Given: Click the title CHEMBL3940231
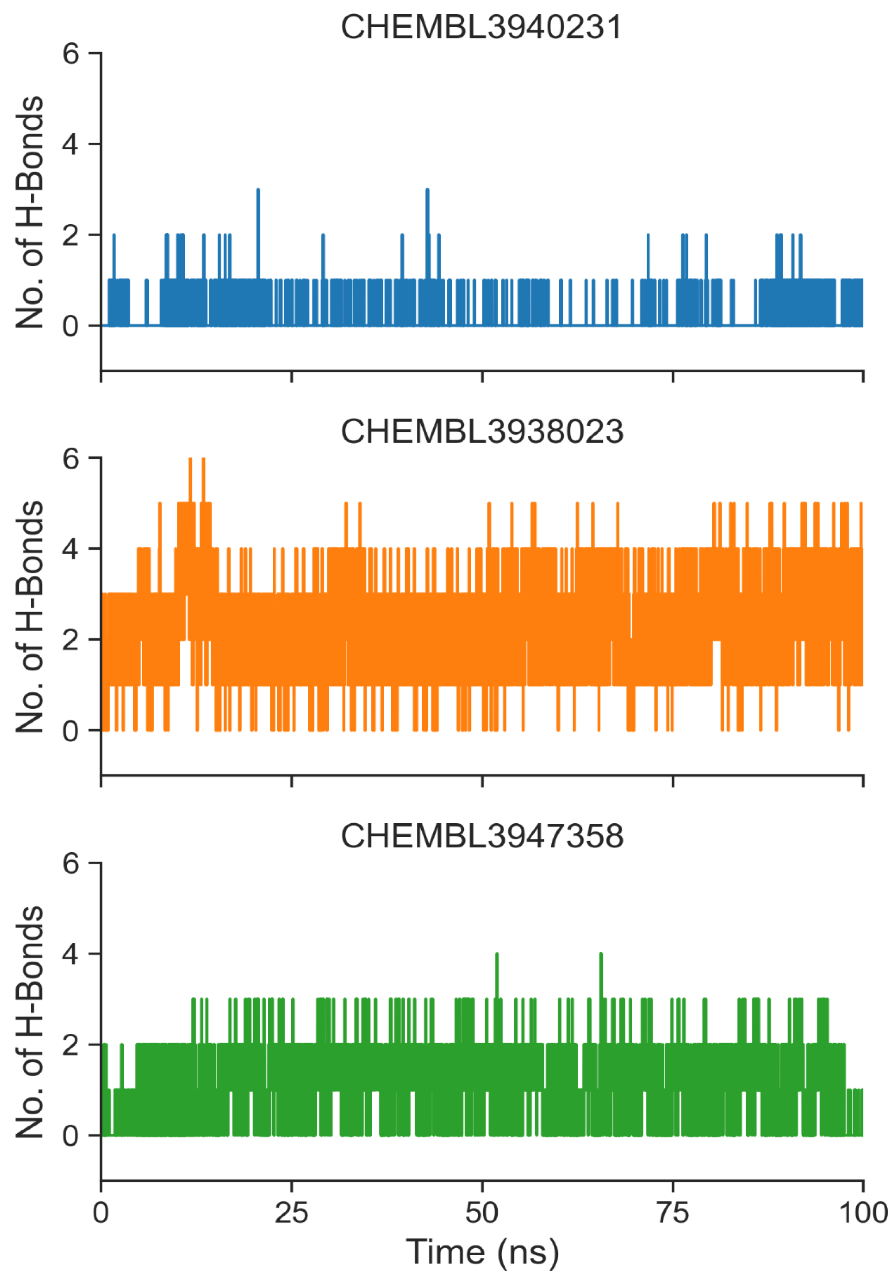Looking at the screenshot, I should (481, 27).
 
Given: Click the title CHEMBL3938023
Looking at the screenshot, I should (481, 432).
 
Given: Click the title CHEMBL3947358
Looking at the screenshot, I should (481, 836).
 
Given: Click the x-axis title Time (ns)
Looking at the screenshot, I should (481, 1252).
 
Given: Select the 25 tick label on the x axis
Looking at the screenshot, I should (291, 1212).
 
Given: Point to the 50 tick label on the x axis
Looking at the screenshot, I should (481, 1212).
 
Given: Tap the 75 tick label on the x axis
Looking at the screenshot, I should (672, 1212).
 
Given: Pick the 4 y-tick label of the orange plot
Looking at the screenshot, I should (71, 549).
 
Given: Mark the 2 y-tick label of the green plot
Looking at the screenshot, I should (71, 1045).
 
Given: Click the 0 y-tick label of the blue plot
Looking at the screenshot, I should (71, 326).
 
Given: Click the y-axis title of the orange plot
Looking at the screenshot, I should (29, 616).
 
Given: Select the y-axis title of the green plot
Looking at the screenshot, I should (29, 1022).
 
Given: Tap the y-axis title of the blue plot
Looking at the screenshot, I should (29, 212).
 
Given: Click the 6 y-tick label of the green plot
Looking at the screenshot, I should (71, 864).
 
